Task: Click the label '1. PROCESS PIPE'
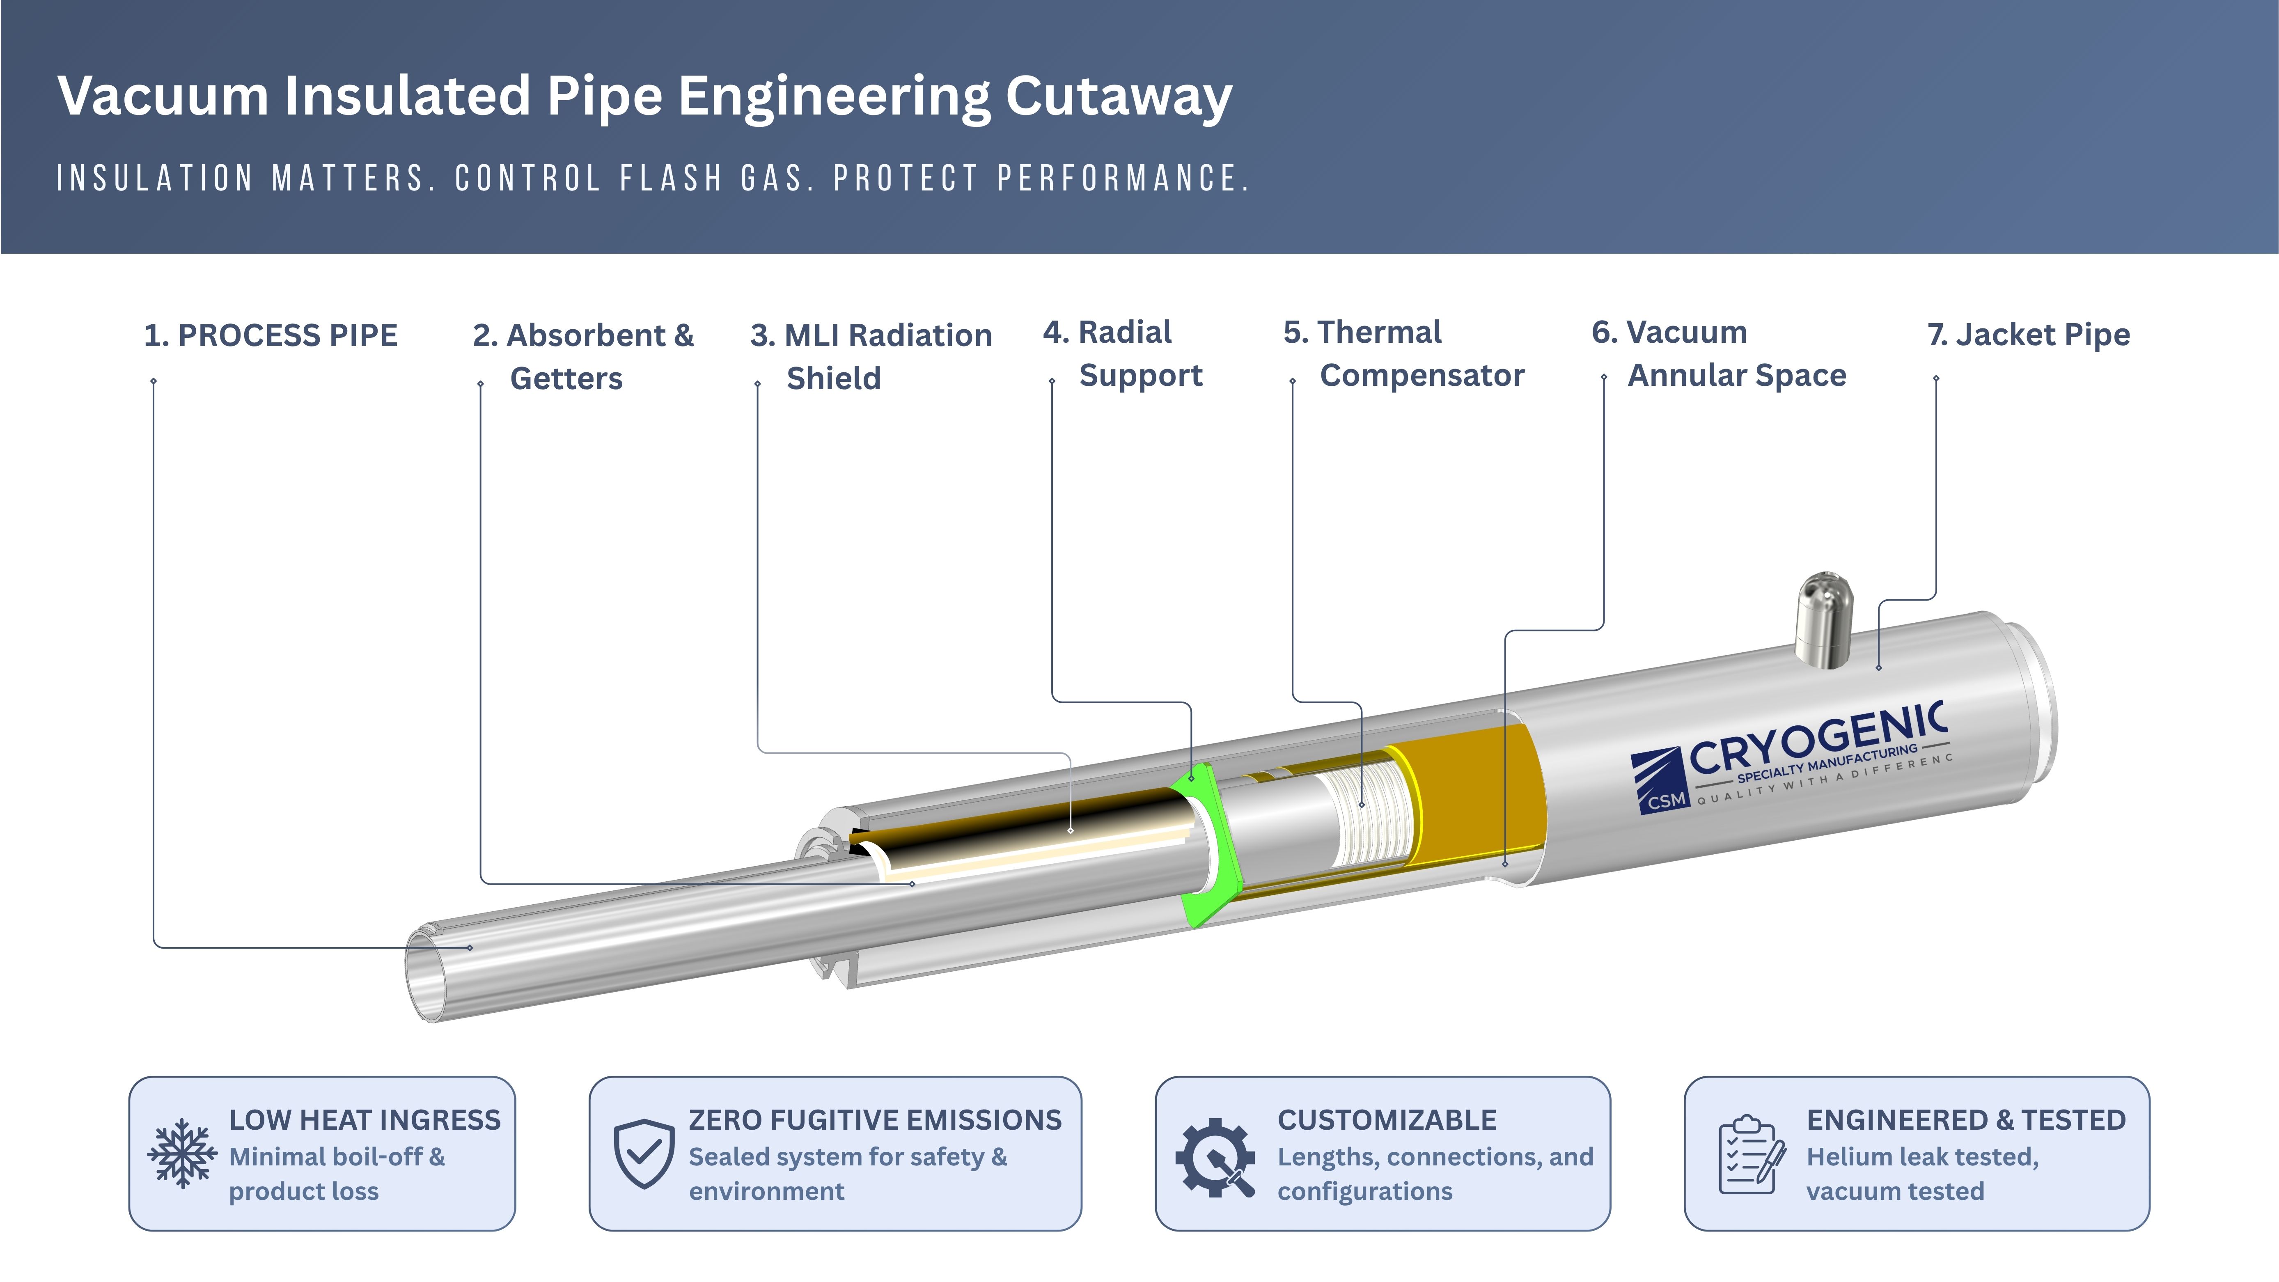click(271, 335)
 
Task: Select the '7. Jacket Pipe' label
click(2029, 335)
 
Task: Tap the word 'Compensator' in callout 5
click(1422, 376)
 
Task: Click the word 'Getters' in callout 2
click(566, 378)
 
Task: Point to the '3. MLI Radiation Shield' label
click(871, 357)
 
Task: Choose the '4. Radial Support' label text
click(1123, 354)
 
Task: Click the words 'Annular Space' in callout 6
click(1737, 376)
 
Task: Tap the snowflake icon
click(182, 1154)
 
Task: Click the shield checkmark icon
click(644, 1154)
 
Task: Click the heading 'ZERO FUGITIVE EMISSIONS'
click(875, 1120)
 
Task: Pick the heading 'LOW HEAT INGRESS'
click(365, 1120)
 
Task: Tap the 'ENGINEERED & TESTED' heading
click(1966, 1120)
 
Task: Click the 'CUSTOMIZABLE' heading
click(1386, 1120)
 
